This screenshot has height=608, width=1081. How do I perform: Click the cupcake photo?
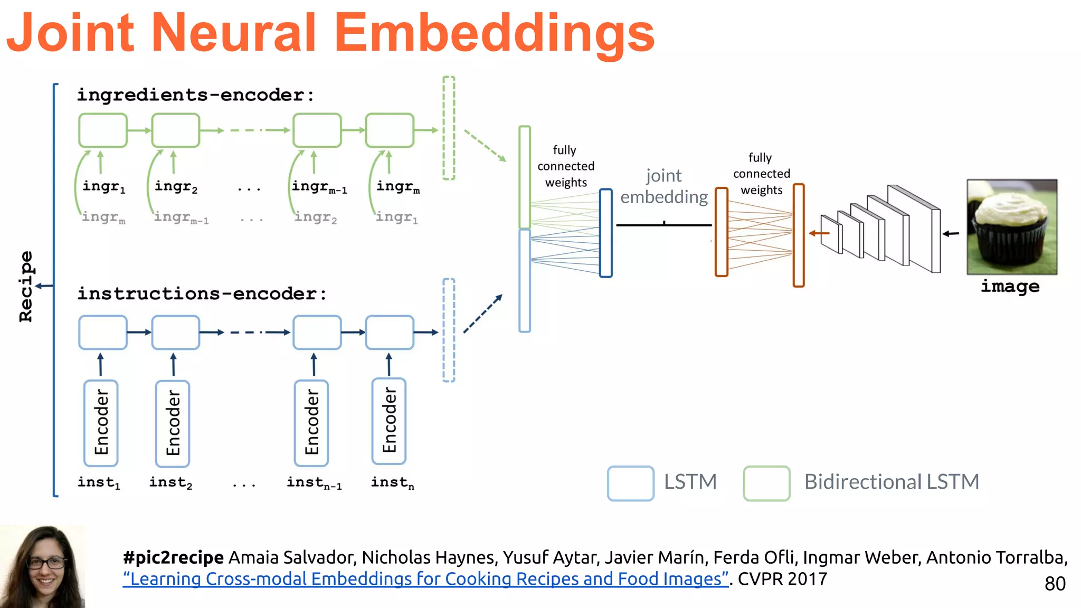[1011, 227]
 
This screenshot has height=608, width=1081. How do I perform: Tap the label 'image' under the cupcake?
[1010, 286]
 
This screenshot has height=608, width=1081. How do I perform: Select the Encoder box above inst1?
[101, 423]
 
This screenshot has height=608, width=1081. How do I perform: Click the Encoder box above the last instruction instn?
[389, 421]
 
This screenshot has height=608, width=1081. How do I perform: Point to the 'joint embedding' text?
[663, 186]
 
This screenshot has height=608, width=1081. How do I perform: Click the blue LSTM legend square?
[630, 483]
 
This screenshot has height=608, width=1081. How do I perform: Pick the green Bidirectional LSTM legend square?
[766, 483]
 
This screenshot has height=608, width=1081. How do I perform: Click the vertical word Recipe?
[26, 286]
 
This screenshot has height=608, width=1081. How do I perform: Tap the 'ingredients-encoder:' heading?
[195, 95]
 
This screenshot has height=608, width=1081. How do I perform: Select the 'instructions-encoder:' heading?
[202, 293]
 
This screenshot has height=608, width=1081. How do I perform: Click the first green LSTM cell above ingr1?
[103, 130]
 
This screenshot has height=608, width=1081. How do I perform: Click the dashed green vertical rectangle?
[449, 128]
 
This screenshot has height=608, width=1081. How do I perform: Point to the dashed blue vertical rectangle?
[449, 330]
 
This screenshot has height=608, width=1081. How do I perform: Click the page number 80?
[1055, 584]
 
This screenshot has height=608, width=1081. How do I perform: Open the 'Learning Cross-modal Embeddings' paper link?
[425, 579]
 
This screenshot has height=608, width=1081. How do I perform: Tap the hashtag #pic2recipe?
[173, 557]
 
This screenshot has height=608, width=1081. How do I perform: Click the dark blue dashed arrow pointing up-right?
[483, 313]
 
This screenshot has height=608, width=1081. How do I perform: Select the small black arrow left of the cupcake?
[951, 233]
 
